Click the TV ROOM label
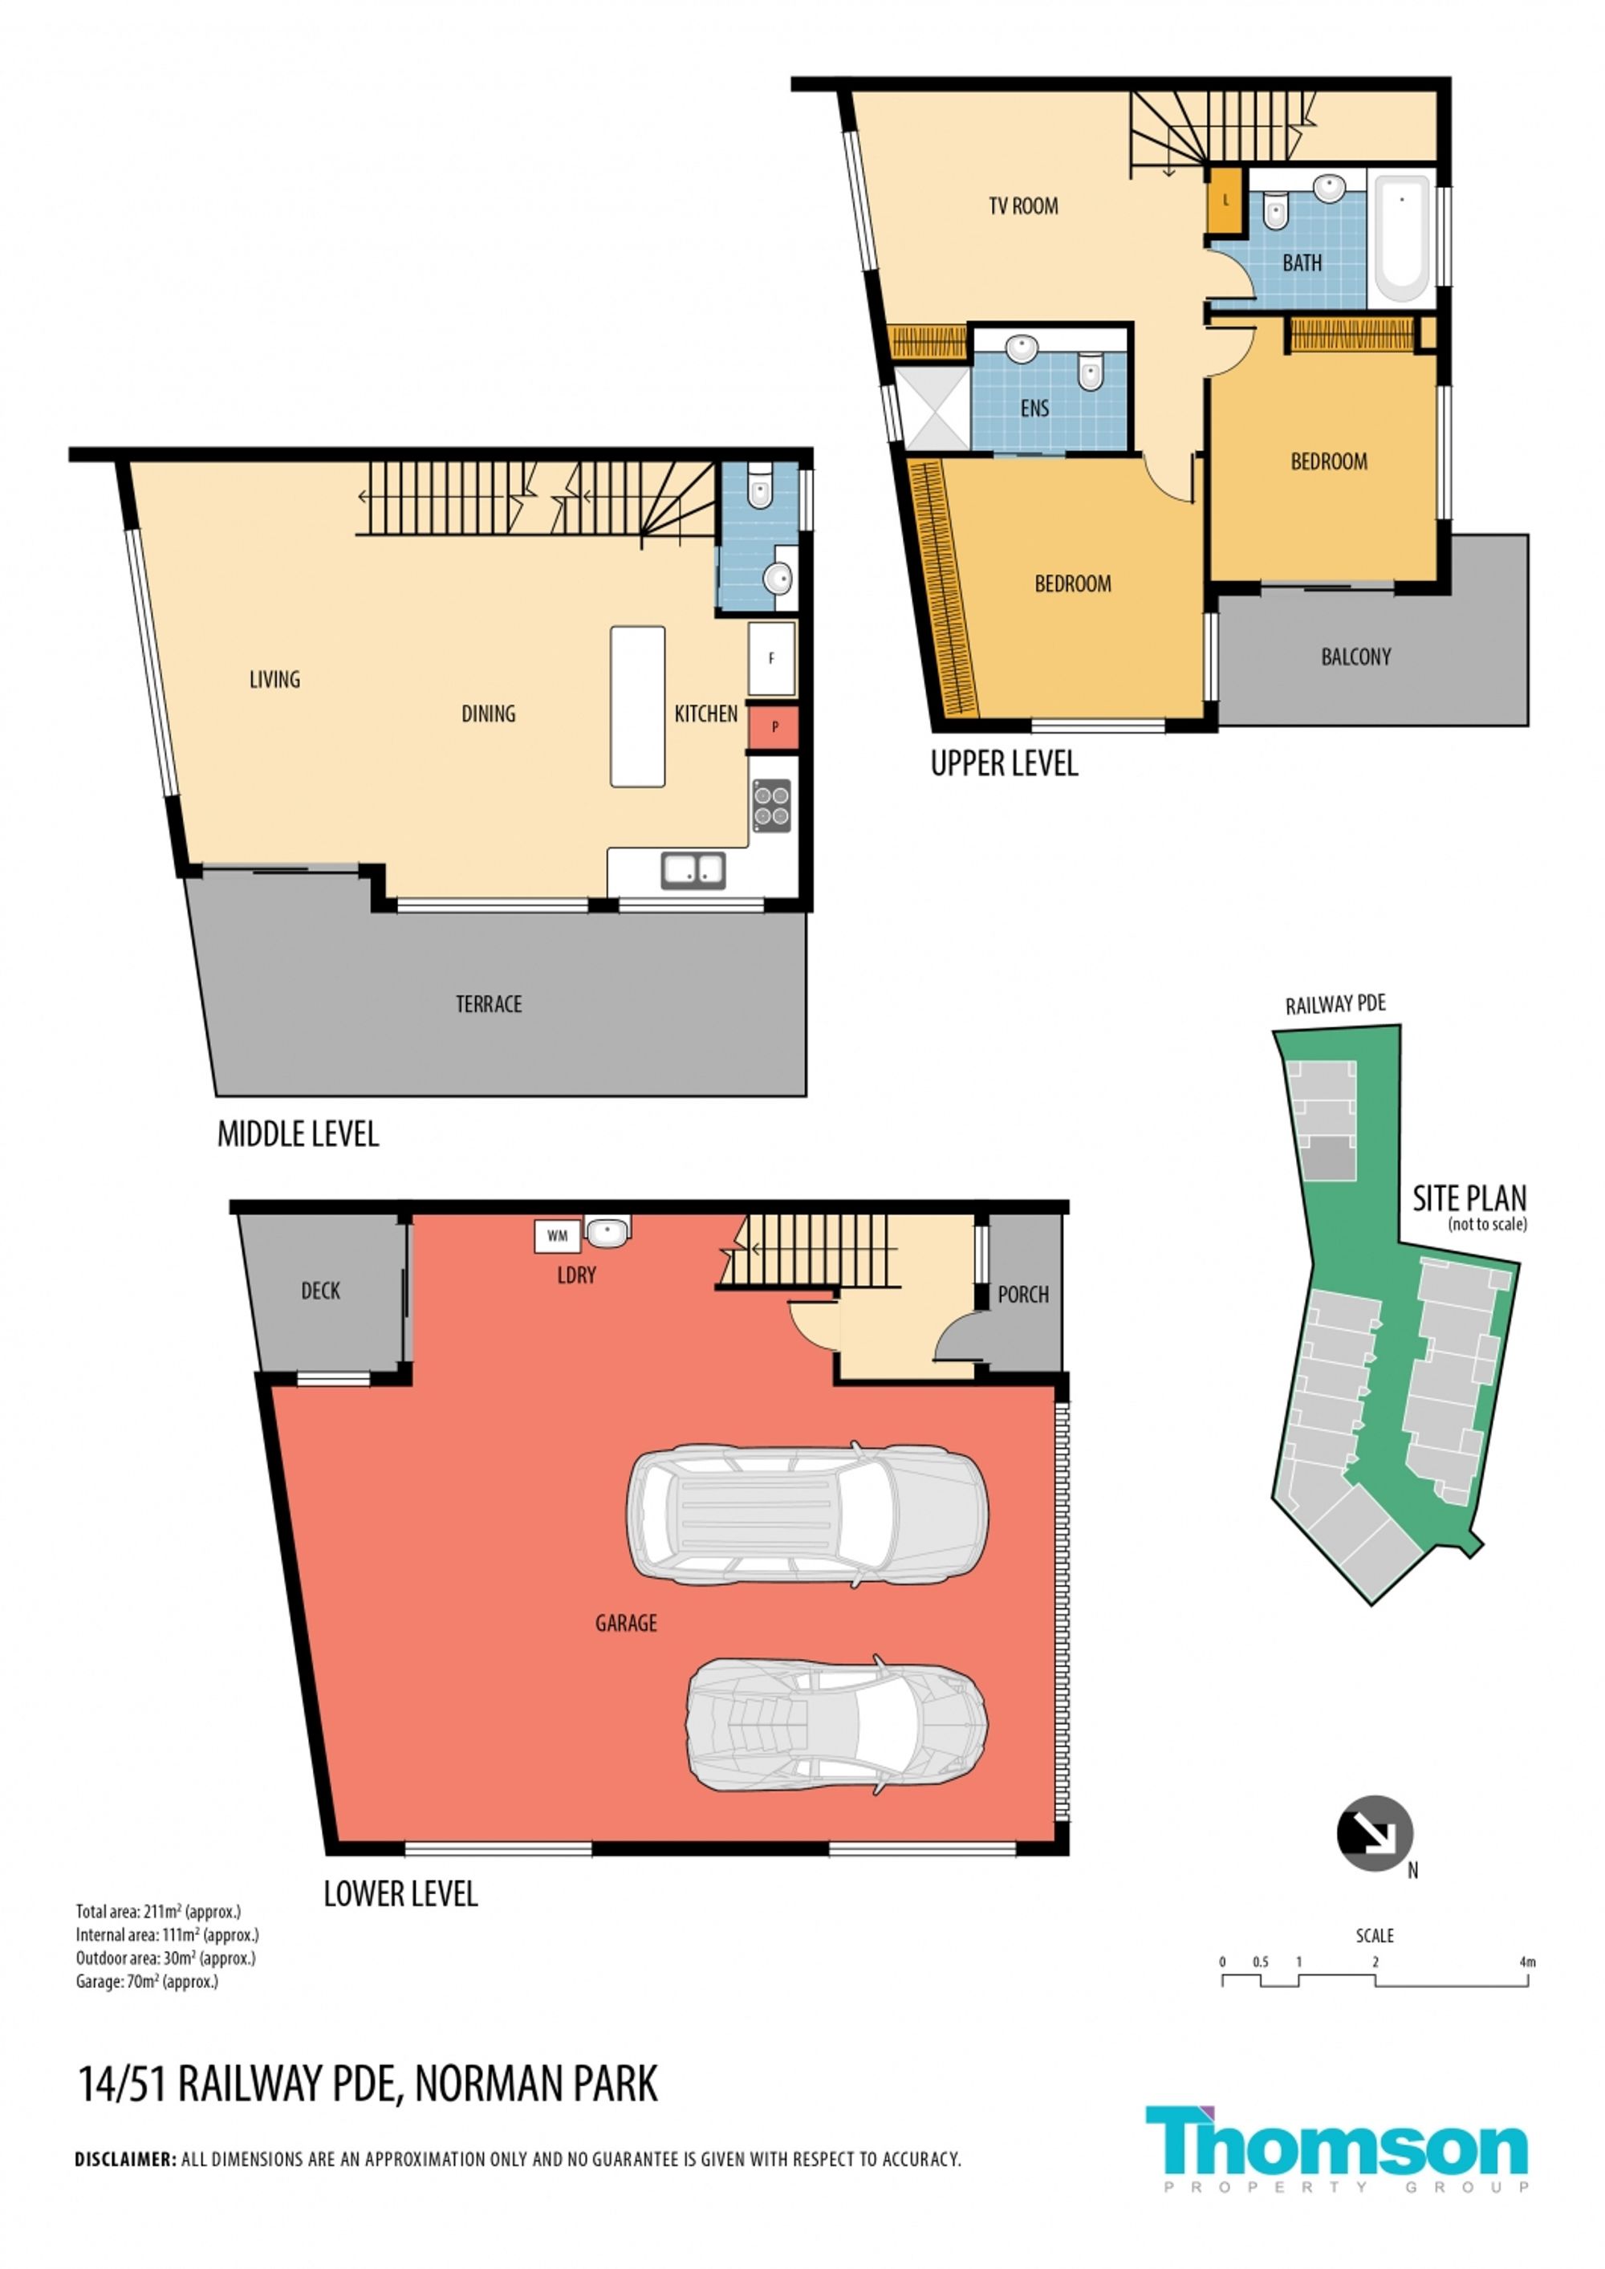(1023, 205)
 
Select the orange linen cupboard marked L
(1225, 201)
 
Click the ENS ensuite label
(1034, 409)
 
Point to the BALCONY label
(1356, 657)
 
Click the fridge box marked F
(772, 658)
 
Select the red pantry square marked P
(774, 726)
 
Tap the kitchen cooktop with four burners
(772, 804)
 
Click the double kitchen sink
(693, 870)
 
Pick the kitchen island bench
(637, 706)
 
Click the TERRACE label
(488, 1004)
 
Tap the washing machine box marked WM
(558, 1236)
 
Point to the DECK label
(320, 1290)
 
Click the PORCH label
(1023, 1294)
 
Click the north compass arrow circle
(1375, 1833)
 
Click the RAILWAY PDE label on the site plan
(1335, 1005)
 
